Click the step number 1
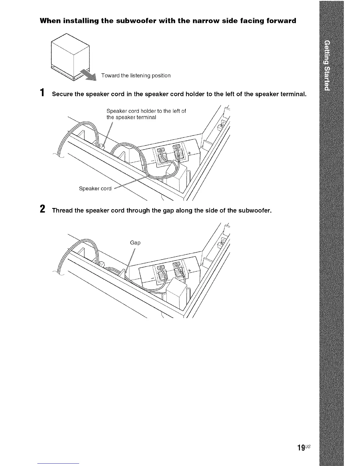43,93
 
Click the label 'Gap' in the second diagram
135,243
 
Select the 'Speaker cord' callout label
95,189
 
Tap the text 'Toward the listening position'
136,76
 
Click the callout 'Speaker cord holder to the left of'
146,111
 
